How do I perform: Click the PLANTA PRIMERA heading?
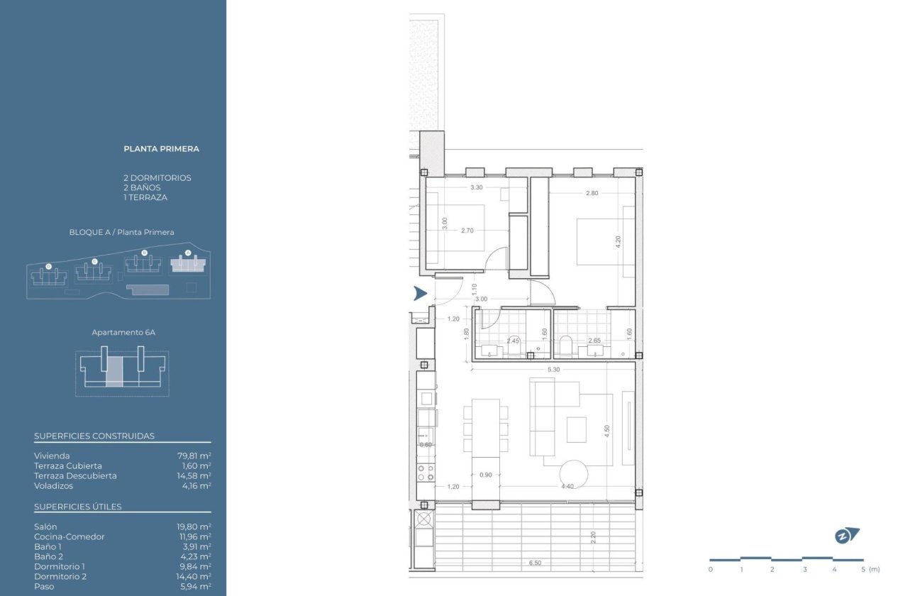pos(161,149)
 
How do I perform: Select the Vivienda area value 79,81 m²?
pos(194,456)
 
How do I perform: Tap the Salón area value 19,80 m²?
pos(194,527)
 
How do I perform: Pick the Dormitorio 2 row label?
pos(60,577)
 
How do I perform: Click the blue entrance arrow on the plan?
pos(420,293)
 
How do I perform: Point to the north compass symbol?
pos(845,536)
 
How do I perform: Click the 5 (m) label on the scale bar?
pos(868,570)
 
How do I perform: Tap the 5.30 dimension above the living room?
pos(553,370)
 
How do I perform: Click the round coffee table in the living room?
pos(573,473)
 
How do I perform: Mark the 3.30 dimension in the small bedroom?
pos(477,188)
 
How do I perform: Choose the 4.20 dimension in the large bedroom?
pos(618,241)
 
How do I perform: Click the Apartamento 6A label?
pos(121,332)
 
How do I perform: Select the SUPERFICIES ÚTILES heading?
pos(77,507)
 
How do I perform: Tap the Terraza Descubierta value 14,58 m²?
pos(194,476)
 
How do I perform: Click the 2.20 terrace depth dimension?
pos(593,537)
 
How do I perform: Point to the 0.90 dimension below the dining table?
pos(486,475)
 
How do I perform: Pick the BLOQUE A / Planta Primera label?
pos(121,232)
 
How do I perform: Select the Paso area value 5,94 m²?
pos(194,587)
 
